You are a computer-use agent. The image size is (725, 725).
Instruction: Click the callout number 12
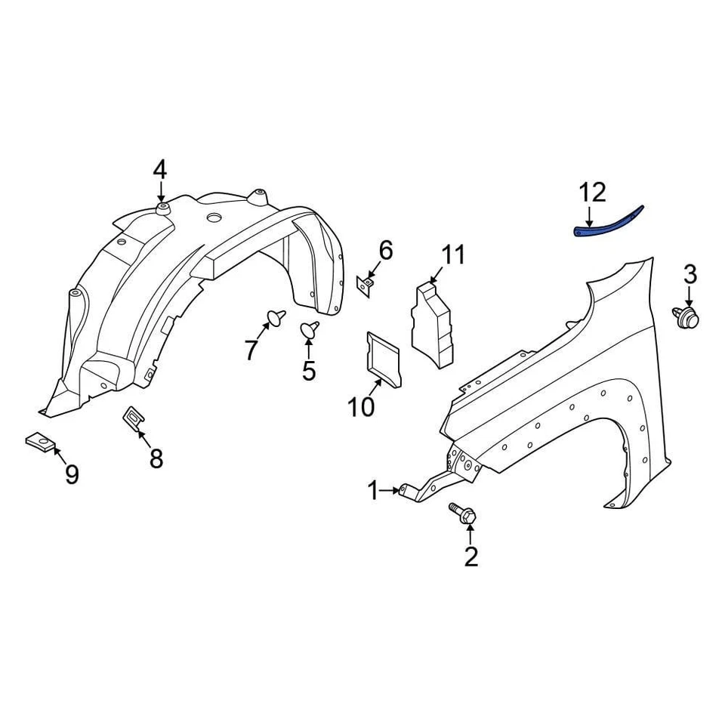point(593,193)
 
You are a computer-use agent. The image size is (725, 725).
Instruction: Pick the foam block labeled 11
point(433,322)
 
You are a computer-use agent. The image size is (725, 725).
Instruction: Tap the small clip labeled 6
point(365,285)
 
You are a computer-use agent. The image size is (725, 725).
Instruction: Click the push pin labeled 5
point(310,329)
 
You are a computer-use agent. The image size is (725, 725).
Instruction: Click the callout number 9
point(72,474)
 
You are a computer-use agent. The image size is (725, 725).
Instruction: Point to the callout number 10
point(361,407)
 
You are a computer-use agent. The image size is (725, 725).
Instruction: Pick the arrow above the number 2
point(470,535)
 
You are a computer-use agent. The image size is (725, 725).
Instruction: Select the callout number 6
point(386,249)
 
